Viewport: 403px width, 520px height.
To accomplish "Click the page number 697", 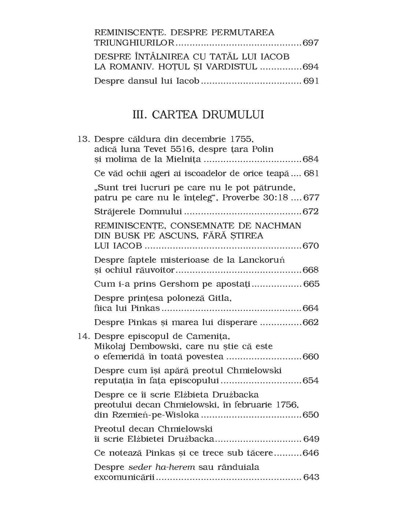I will [x=311, y=43].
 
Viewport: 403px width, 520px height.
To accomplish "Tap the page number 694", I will [x=311, y=67].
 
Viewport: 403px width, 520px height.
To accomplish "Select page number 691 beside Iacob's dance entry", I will [x=311, y=81].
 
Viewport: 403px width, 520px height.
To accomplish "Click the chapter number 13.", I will [x=84, y=139].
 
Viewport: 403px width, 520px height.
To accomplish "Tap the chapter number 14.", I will [x=84, y=336].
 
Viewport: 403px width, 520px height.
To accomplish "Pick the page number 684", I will [x=311, y=159].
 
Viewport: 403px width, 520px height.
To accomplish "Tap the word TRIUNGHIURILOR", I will [x=134, y=43].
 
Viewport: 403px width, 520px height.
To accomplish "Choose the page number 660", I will [x=311, y=357].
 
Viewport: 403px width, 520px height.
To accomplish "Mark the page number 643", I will [x=311, y=477].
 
